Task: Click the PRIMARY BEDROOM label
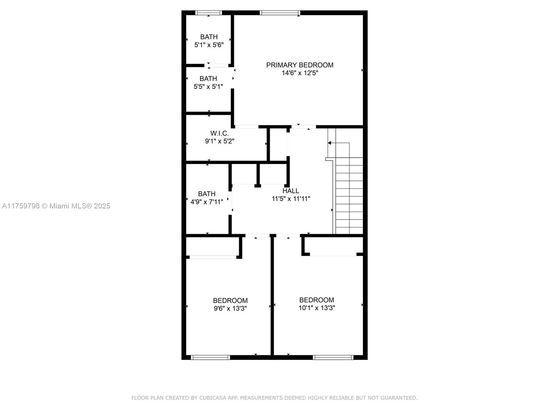tap(300, 65)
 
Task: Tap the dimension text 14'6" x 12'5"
tap(300, 73)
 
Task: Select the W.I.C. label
tap(219, 133)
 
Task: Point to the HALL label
tap(291, 191)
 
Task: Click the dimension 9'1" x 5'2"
tap(219, 141)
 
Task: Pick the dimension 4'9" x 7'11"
tap(207, 202)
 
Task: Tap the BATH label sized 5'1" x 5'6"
tap(209, 37)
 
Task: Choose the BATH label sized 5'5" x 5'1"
tap(208, 79)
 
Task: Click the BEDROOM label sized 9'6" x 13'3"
tap(230, 300)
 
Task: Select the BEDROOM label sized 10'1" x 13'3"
tap(316, 300)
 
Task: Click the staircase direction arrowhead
tap(329, 143)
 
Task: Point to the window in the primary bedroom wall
tap(280, 12)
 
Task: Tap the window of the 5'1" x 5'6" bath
tap(208, 12)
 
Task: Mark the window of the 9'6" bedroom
tap(210, 357)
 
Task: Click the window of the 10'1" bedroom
tap(333, 357)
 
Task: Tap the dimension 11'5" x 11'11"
tap(291, 199)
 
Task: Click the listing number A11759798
tap(21, 206)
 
